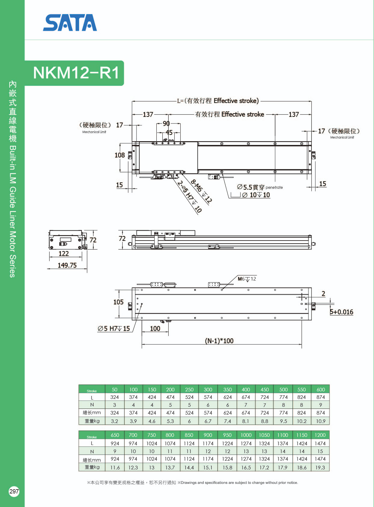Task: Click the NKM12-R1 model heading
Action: point(76,73)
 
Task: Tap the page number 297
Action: point(14,491)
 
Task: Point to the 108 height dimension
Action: point(120,155)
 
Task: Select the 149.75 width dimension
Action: point(67,265)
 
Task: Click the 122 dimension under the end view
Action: point(64,253)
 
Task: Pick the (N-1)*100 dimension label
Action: point(219,341)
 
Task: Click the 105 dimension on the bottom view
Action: point(118,302)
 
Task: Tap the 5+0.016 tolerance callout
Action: point(342,312)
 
